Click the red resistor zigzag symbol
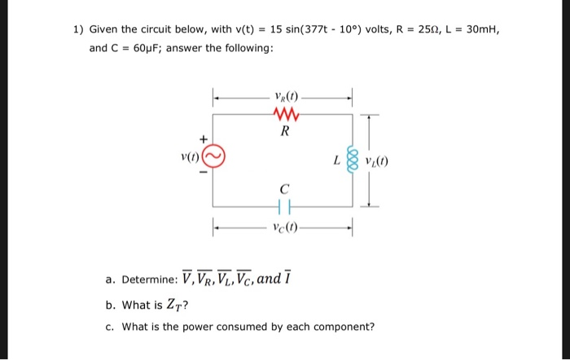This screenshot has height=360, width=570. (x=283, y=114)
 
